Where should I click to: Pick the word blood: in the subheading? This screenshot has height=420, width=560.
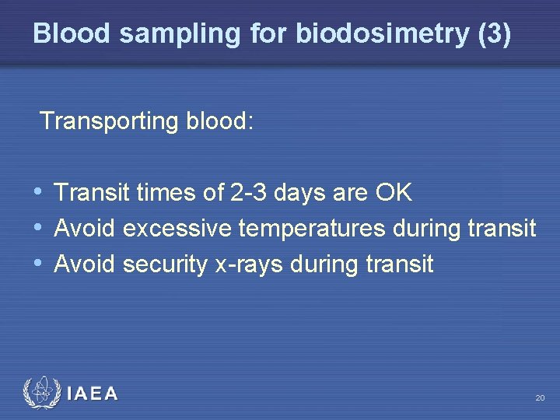pyautogui.click(x=220, y=121)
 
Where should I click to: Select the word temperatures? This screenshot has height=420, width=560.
pyautogui.click(x=312, y=229)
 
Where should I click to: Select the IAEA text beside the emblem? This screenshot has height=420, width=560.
pyautogui.click(x=93, y=394)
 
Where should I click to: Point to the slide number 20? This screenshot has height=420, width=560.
pyautogui.click(x=540, y=398)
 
